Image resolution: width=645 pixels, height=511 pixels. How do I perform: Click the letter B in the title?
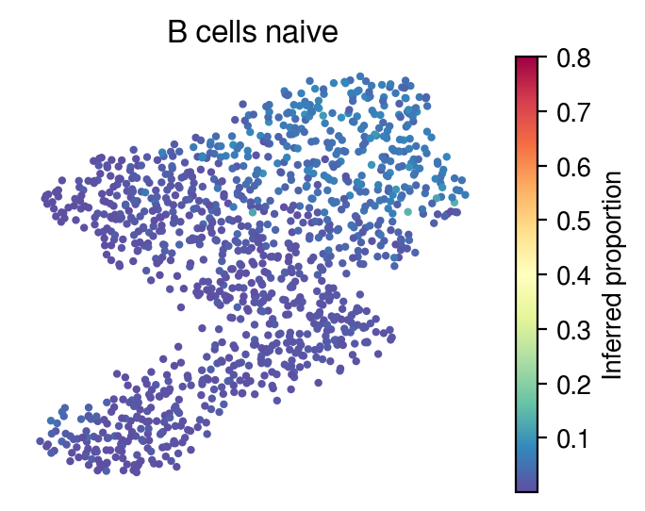(177, 32)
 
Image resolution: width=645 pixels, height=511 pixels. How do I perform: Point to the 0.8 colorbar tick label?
(573, 58)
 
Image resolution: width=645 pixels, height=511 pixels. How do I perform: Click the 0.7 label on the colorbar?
(573, 112)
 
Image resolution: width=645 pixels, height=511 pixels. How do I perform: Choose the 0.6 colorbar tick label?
(573, 167)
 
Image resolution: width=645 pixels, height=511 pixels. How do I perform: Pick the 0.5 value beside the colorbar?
(573, 221)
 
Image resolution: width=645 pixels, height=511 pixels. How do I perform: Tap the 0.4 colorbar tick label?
(573, 275)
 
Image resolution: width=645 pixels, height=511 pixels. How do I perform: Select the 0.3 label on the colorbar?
(573, 330)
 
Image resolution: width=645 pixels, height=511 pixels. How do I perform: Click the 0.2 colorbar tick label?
(573, 385)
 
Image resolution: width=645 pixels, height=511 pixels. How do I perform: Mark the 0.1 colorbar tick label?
(573, 438)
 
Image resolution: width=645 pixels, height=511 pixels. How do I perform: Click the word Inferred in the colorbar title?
(611, 337)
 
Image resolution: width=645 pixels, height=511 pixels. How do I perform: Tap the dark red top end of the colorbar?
(526, 58)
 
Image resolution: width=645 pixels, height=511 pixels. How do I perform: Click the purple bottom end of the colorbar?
(526, 488)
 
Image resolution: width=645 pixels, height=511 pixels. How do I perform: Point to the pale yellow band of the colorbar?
(526, 272)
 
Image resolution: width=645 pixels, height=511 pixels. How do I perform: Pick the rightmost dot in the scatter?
(465, 194)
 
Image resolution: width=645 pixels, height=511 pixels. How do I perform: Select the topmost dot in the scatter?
(360, 76)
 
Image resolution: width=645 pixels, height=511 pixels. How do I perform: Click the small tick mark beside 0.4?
(542, 274)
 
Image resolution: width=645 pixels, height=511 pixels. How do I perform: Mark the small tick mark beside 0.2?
(542, 384)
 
